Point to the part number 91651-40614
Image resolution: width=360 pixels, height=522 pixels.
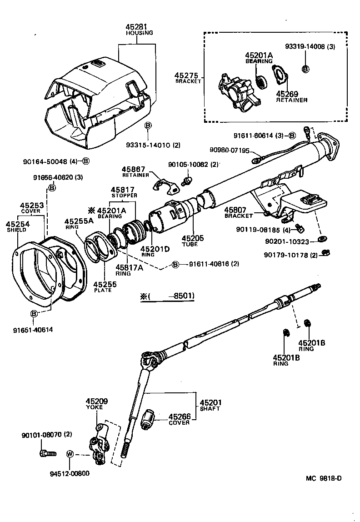[33, 330]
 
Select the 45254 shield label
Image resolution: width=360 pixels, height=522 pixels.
[16, 224]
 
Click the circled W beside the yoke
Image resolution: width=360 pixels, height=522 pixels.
[70, 454]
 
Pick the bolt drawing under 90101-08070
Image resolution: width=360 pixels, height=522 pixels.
[47, 453]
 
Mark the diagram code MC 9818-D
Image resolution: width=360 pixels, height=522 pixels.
[323, 479]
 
